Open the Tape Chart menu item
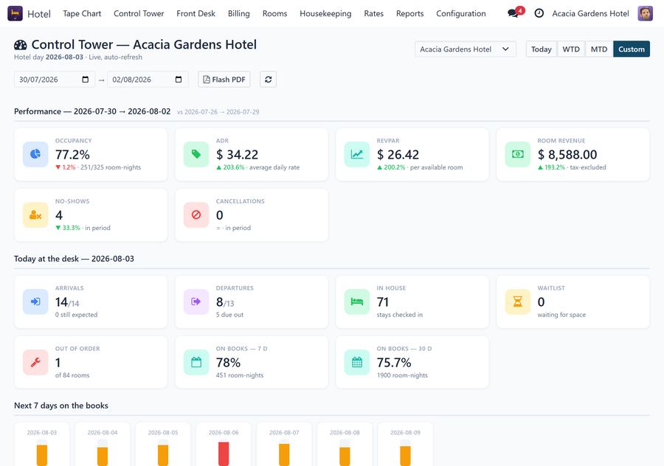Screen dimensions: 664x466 coord(82,13)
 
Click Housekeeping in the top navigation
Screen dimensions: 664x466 coord(325,13)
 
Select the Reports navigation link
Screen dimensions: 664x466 coord(409,13)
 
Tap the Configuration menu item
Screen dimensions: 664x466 coord(460,13)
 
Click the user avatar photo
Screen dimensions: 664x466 coord(645,13)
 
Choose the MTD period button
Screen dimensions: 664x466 coord(599,49)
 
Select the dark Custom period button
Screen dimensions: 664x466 coord(631,49)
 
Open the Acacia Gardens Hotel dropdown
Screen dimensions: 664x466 coord(466,49)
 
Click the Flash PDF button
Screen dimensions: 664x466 coord(224,80)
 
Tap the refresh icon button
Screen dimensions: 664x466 coord(268,80)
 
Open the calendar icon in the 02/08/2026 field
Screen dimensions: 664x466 coord(179,80)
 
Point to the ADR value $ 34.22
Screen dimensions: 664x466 coord(237,155)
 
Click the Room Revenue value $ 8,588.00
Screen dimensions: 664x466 coord(567,155)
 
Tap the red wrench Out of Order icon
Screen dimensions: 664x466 coord(35,362)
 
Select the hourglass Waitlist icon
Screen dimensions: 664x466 coord(517,302)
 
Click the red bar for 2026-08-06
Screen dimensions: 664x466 coord(224,453)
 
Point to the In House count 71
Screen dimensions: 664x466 coord(383,302)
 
